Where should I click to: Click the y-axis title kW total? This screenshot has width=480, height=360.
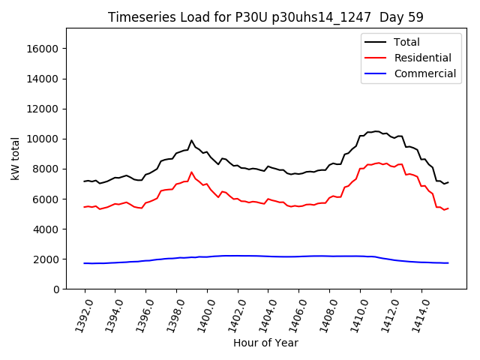(15, 159)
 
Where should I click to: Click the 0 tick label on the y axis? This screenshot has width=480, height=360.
(56, 289)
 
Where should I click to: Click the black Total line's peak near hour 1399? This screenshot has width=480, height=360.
(191, 140)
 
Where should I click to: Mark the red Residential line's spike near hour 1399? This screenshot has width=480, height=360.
(191, 172)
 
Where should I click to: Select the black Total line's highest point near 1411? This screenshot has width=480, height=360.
(376, 131)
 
